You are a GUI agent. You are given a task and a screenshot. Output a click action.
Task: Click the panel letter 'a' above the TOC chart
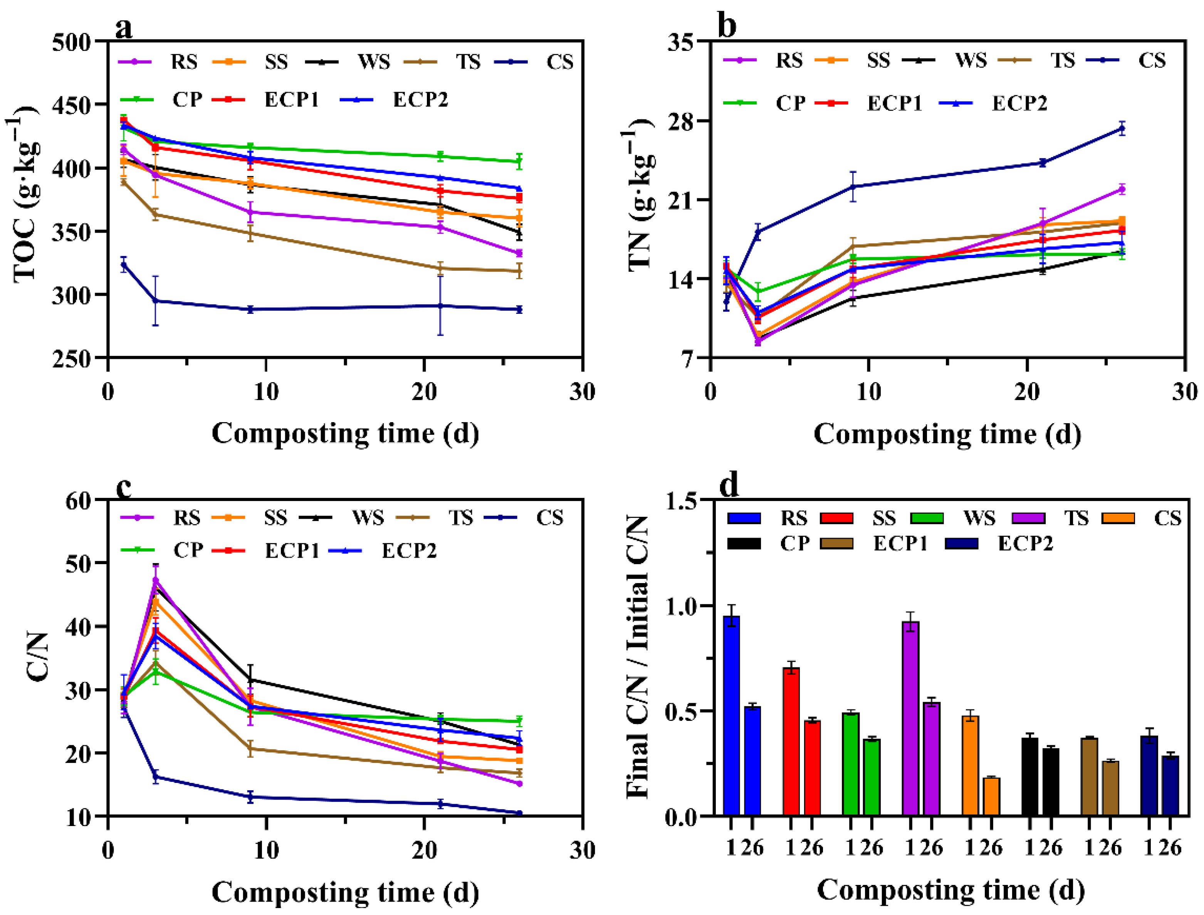124,28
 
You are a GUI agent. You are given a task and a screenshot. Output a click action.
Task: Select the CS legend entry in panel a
559,62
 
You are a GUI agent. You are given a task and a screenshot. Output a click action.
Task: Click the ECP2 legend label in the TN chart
1019,104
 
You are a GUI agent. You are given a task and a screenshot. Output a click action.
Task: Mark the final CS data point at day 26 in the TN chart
1122,129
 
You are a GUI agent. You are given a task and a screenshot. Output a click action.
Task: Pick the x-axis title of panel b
947,435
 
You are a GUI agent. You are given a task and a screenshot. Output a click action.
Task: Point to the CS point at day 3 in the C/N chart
156,777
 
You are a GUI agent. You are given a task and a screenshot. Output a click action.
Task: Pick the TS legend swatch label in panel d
1076,518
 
